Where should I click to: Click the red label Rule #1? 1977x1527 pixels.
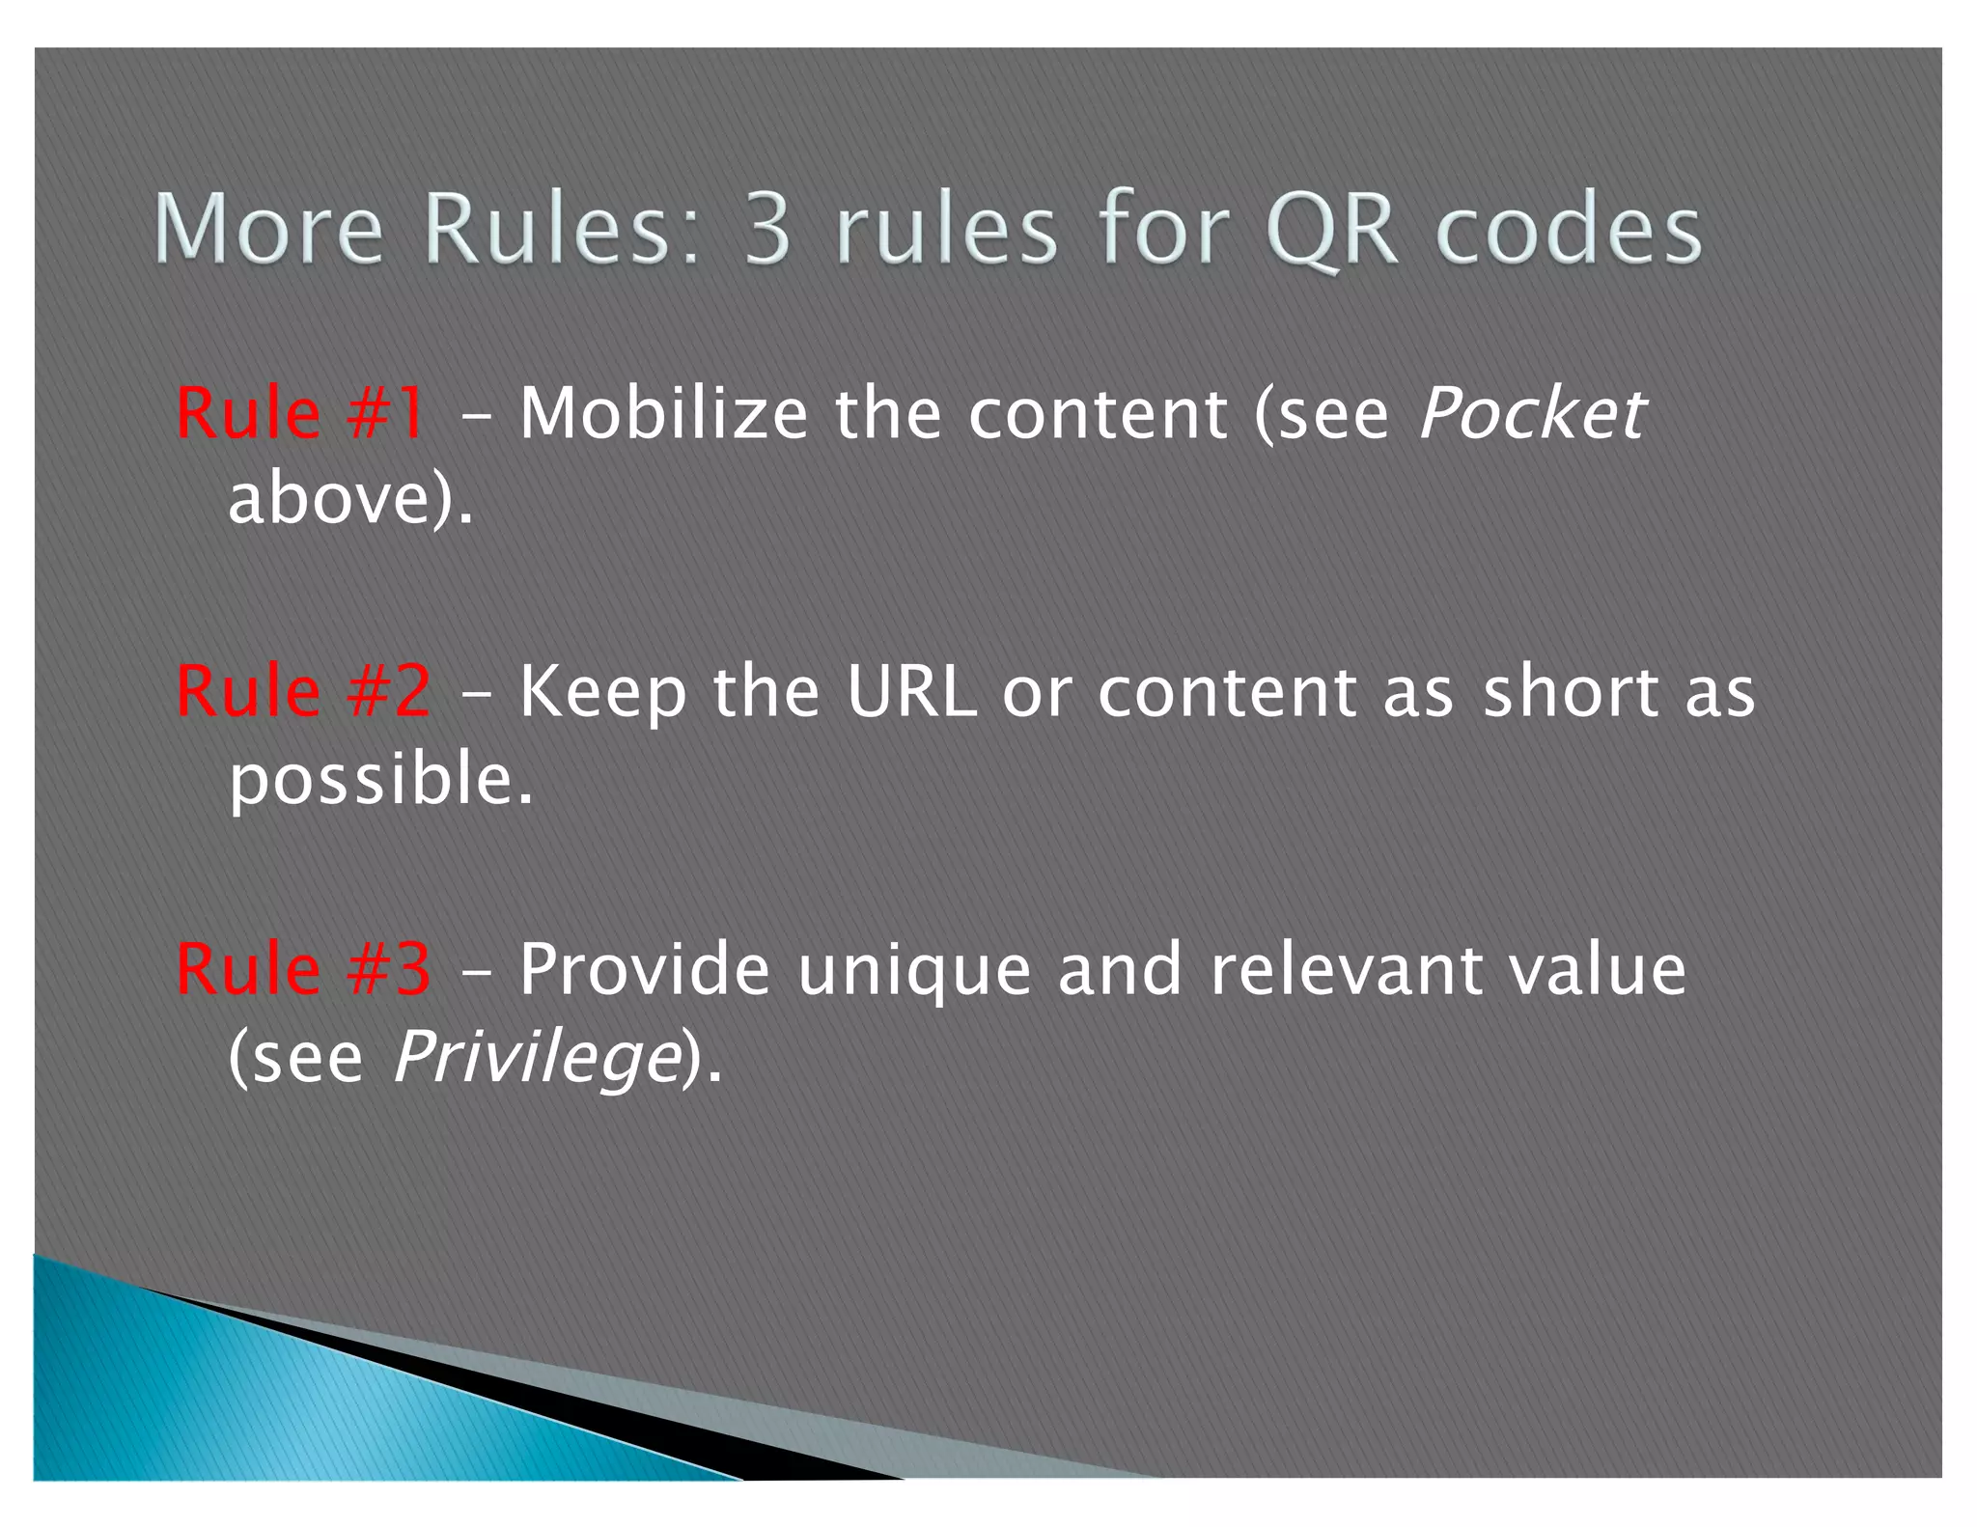tap(300, 414)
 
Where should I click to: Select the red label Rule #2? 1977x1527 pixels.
tap(303, 691)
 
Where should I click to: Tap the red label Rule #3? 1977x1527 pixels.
tap(303, 969)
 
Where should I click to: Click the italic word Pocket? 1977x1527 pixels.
tap(1532, 414)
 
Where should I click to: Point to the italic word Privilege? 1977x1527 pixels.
tap(537, 1058)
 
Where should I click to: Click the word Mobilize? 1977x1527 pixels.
tap(663, 414)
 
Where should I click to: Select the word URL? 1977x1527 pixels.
tap(911, 691)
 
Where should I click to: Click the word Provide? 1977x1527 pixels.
tap(644, 969)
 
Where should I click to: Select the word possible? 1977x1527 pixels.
tap(379, 780)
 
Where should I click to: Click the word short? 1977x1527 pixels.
tap(1571, 691)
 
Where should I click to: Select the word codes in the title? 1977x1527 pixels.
tap(1569, 230)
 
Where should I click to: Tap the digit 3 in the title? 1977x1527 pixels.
tap(767, 230)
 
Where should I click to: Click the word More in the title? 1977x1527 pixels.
tap(268, 230)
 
